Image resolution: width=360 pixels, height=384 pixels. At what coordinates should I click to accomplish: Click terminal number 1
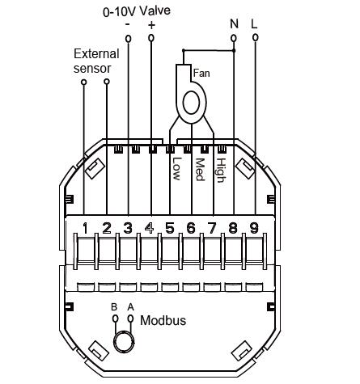tap(85, 228)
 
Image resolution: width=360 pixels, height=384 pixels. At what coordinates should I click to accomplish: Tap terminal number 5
tap(170, 228)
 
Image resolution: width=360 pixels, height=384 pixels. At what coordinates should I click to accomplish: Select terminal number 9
tap(254, 228)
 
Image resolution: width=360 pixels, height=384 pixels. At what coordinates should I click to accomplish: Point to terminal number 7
tap(212, 228)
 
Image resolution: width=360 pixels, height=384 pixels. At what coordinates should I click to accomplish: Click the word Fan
tap(201, 73)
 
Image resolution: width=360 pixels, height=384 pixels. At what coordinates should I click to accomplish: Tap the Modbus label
tap(163, 320)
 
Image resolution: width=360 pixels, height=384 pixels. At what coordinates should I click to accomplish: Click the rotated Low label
tap(176, 169)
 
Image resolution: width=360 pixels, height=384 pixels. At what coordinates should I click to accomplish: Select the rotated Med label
tap(200, 169)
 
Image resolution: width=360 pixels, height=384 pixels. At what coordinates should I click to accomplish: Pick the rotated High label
tap(221, 171)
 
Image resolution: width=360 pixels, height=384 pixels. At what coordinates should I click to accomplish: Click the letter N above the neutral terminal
tap(234, 23)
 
